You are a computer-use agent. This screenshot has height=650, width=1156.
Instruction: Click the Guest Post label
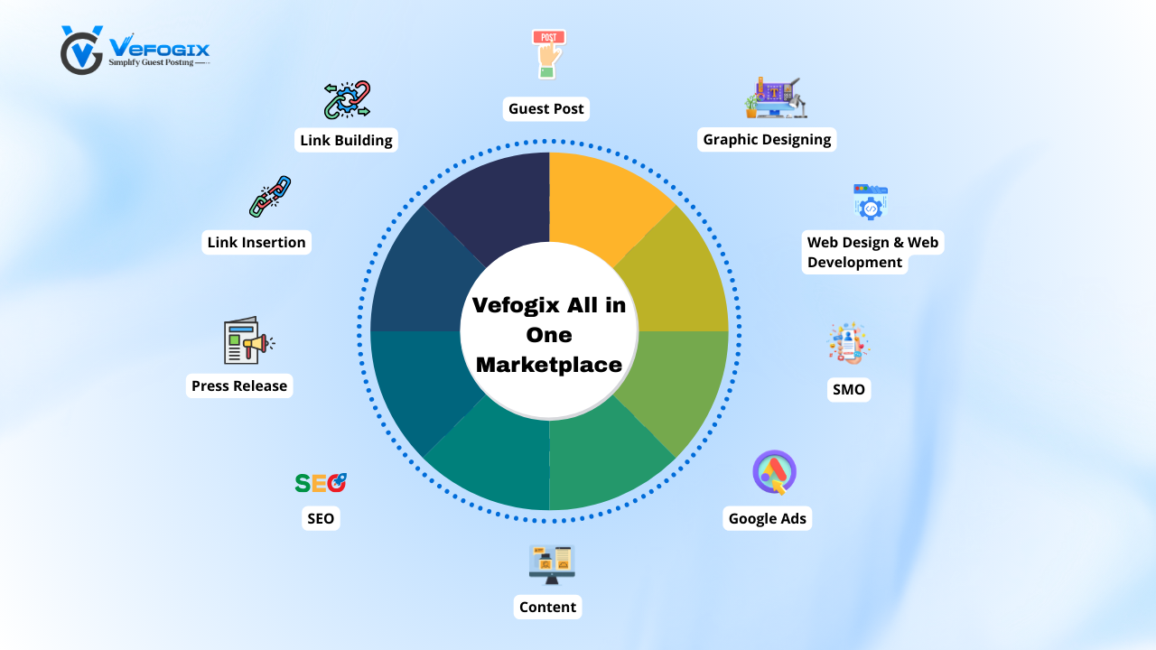coord(546,109)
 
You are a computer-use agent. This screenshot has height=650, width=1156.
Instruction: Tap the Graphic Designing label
coord(767,140)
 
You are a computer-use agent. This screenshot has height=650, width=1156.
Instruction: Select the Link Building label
coord(346,140)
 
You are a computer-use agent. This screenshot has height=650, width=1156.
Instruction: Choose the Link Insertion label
coord(256,242)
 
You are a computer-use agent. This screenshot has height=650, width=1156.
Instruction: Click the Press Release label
coord(239,385)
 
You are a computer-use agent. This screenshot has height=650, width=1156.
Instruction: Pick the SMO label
coord(848,390)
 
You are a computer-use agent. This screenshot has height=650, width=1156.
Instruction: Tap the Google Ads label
coord(768,518)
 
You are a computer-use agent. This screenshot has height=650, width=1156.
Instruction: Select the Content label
coord(547,607)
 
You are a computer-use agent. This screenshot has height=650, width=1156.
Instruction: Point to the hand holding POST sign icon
coord(548,53)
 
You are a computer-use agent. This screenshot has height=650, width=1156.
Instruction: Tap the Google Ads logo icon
coord(774,472)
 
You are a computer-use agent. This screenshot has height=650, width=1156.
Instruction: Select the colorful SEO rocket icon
coord(321,483)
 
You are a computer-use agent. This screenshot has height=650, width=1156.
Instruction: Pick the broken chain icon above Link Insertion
coord(270,197)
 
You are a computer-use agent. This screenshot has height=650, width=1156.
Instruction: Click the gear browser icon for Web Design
coord(871,202)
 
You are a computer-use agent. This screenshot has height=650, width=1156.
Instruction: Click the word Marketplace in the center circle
coord(549,365)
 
